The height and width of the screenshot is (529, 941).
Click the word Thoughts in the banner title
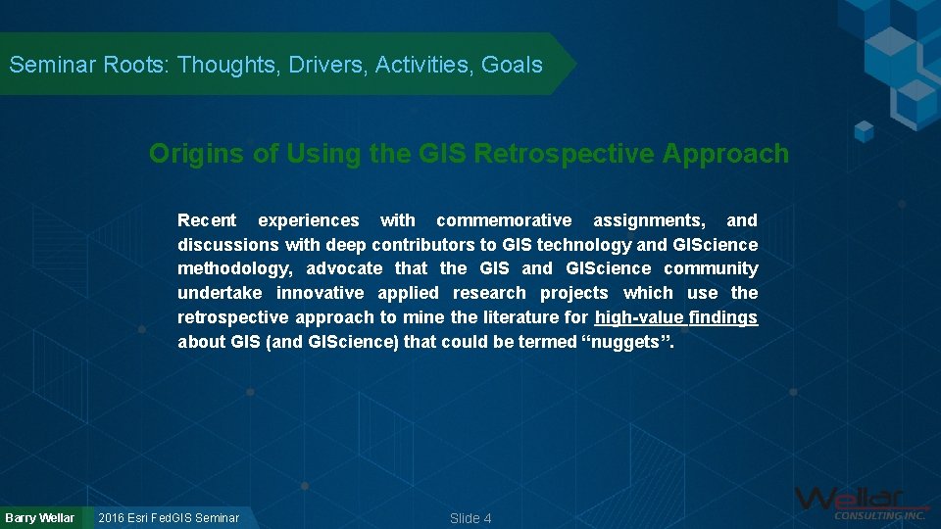(x=225, y=65)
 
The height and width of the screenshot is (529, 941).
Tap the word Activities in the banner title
(x=421, y=65)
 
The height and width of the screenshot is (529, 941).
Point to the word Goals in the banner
(x=512, y=65)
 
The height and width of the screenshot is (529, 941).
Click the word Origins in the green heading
(x=196, y=154)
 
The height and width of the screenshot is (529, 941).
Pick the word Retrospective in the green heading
(x=565, y=154)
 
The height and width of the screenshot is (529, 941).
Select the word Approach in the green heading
(x=725, y=154)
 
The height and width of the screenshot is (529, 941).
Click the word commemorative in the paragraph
(x=504, y=220)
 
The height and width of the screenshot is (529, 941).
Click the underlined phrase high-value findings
(x=676, y=317)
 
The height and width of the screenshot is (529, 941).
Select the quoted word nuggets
(x=628, y=342)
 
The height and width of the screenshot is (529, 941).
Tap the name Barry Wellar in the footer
(x=39, y=517)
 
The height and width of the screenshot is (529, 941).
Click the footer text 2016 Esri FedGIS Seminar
(x=169, y=517)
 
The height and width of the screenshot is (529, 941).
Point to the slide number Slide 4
(x=470, y=518)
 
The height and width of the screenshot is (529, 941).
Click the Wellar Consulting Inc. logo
(x=862, y=503)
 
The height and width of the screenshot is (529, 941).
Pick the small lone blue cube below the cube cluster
(x=865, y=131)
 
